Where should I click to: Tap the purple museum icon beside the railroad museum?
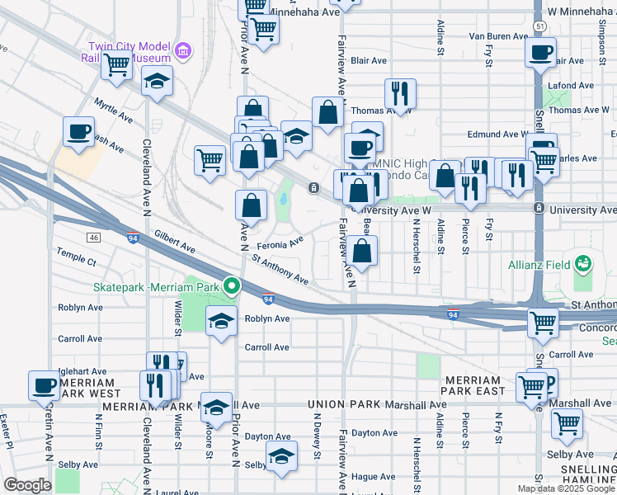[x=183, y=53]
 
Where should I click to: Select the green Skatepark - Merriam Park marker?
[x=233, y=287]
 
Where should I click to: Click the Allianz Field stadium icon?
[x=584, y=264]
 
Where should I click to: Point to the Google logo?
[x=27, y=484]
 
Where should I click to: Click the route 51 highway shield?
[x=538, y=27]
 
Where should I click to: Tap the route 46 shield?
[x=96, y=238]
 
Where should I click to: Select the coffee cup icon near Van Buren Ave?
[x=541, y=54]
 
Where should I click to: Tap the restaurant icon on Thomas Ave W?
[x=400, y=93]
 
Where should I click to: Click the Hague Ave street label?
[x=373, y=476]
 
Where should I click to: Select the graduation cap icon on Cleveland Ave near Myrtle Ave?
[x=156, y=83]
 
